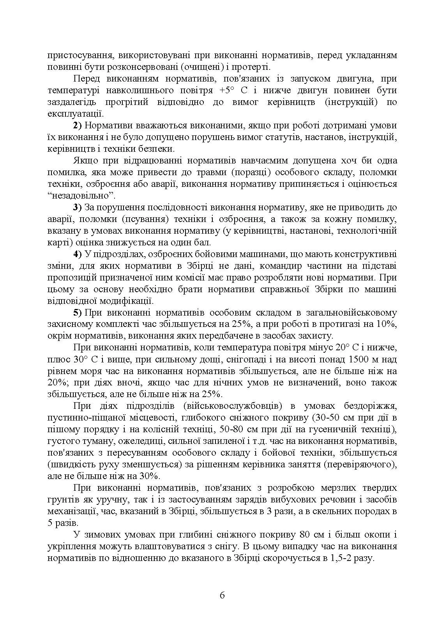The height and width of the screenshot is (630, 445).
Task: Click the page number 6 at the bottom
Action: pyautogui.click(x=222, y=595)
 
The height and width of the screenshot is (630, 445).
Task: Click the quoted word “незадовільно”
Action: pyautogui.click(x=83, y=195)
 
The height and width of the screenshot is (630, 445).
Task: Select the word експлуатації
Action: pyautogui.click(x=75, y=114)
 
